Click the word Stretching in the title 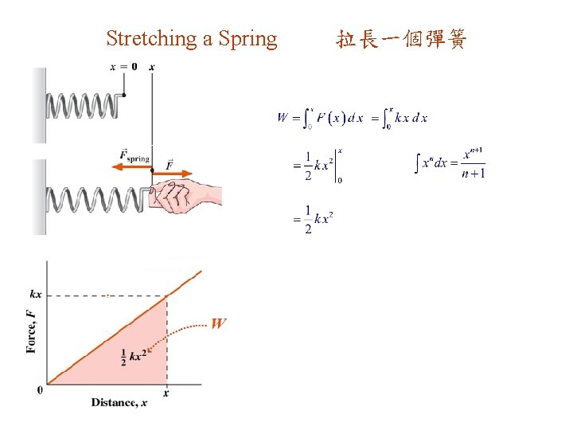[x=151, y=38]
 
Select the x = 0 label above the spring [x=123, y=66]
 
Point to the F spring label [x=133, y=156]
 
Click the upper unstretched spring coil [x=84, y=104]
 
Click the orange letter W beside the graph [x=218, y=323]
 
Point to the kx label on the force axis [x=36, y=295]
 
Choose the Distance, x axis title [x=119, y=402]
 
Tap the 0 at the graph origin [x=40, y=389]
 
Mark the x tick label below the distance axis [x=166, y=393]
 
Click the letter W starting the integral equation [x=283, y=118]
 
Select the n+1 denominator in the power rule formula [x=474, y=174]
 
